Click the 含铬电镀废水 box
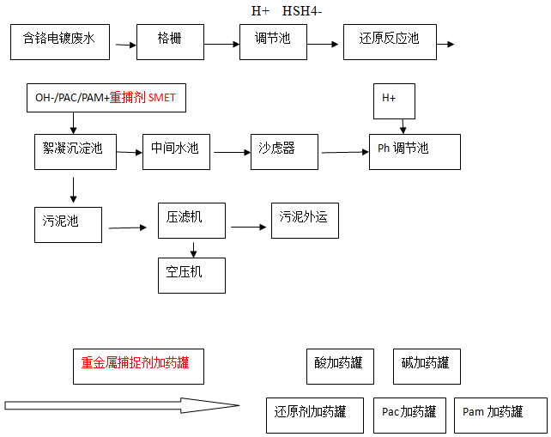[x=59, y=41]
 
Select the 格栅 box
[x=170, y=41]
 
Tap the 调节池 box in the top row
[x=272, y=41]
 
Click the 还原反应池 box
[x=390, y=41]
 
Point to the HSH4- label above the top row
[x=302, y=10]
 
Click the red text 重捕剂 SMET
[x=142, y=98]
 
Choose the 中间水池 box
[x=175, y=150]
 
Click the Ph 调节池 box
[x=414, y=151]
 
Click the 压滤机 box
[x=191, y=221]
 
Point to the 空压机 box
[x=191, y=274]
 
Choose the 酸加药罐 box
[x=339, y=365]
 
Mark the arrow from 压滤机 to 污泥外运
[x=249, y=227]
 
